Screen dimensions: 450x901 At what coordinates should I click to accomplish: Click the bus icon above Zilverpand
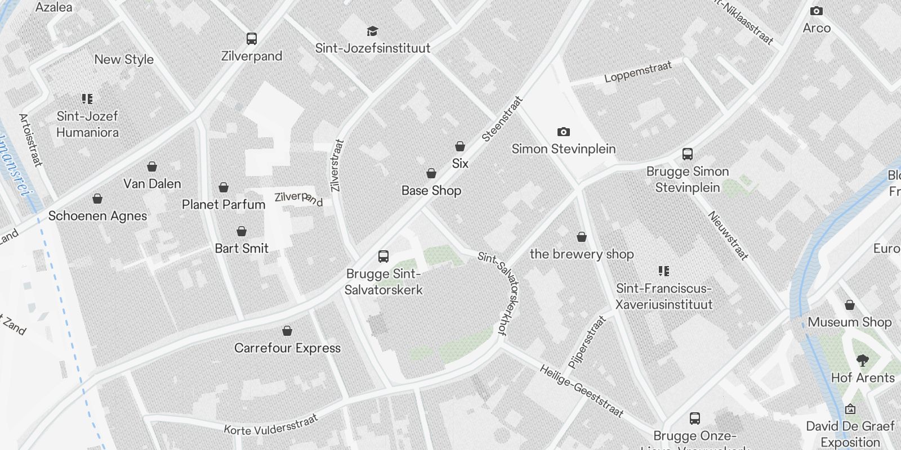(x=252, y=39)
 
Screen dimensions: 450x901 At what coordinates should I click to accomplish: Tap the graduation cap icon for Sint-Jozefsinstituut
(x=372, y=31)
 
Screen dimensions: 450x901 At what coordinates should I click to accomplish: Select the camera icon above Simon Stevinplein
(x=563, y=132)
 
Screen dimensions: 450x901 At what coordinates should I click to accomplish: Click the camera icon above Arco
(x=816, y=11)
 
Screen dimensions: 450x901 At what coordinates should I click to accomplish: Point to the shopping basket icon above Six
(x=460, y=147)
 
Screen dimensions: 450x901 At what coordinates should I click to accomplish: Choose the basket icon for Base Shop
(x=431, y=173)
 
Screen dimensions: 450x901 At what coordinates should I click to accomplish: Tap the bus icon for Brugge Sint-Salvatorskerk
(x=383, y=257)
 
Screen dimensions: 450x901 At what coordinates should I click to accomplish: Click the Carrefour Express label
(x=287, y=348)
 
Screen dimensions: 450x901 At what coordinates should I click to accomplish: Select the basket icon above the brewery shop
(x=582, y=237)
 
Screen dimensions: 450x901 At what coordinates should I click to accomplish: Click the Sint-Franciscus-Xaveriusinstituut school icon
(x=664, y=272)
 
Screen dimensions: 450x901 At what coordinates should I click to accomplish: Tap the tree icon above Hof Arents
(x=862, y=361)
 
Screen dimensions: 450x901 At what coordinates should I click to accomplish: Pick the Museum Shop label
(x=849, y=322)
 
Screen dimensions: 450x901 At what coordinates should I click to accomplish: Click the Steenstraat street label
(x=503, y=119)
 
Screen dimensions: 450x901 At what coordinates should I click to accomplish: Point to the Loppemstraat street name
(x=638, y=73)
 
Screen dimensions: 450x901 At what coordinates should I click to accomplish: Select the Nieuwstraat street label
(x=728, y=236)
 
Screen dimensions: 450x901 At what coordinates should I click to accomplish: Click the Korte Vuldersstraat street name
(x=271, y=425)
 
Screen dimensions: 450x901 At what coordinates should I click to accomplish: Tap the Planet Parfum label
(x=224, y=204)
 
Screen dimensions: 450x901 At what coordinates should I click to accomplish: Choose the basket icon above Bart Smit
(x=242, y=232)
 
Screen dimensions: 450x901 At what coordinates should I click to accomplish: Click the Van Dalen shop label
(x=152, y=184)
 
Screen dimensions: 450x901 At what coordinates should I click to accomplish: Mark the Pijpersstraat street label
(x=587, y=342)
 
